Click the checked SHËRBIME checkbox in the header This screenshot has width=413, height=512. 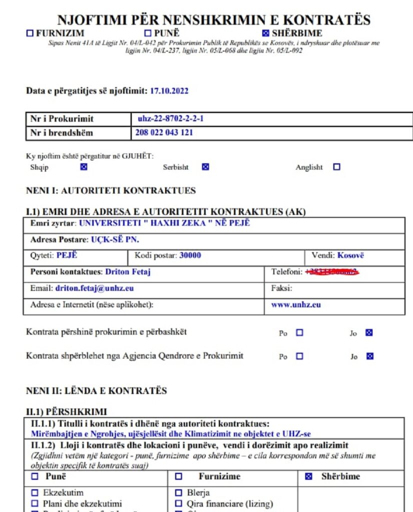(266, 33)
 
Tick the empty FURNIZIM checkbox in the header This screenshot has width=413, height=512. (30, 33)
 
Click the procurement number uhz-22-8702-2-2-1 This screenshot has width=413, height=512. (171, 119)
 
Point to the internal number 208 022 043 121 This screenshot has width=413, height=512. (164, 132)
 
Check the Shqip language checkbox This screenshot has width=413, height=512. (84, 167)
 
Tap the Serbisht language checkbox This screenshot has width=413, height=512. (205, 167)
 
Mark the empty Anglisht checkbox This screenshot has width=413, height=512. (336, 167)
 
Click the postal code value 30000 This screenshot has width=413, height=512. (190, 255)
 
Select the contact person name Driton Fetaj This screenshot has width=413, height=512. (128, 272)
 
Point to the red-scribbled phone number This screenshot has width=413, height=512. (332, 272)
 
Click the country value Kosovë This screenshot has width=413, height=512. (350, 255)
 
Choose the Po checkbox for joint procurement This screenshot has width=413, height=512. (299, 332)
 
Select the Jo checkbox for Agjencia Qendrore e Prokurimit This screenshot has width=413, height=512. (369, 356)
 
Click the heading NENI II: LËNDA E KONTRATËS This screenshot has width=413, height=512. (96, 390)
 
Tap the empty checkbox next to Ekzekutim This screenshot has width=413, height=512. (35, 492)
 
